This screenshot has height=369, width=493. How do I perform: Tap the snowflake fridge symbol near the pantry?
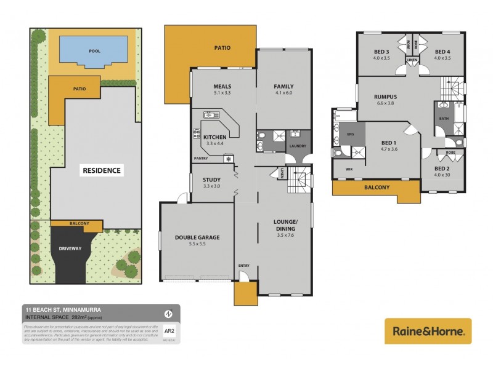[x=229, y=159]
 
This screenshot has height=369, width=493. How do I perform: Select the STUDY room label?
[x=211, y=180]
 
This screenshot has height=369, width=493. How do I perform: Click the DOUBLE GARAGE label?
[x=197, y=237]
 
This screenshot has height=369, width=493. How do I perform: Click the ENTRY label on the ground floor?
[x=244, y=265]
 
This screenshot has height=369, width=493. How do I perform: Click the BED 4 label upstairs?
[x=442, y=52]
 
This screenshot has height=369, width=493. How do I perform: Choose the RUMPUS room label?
[x=385, y=97]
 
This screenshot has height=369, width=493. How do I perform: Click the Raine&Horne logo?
[x=428, y=331]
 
